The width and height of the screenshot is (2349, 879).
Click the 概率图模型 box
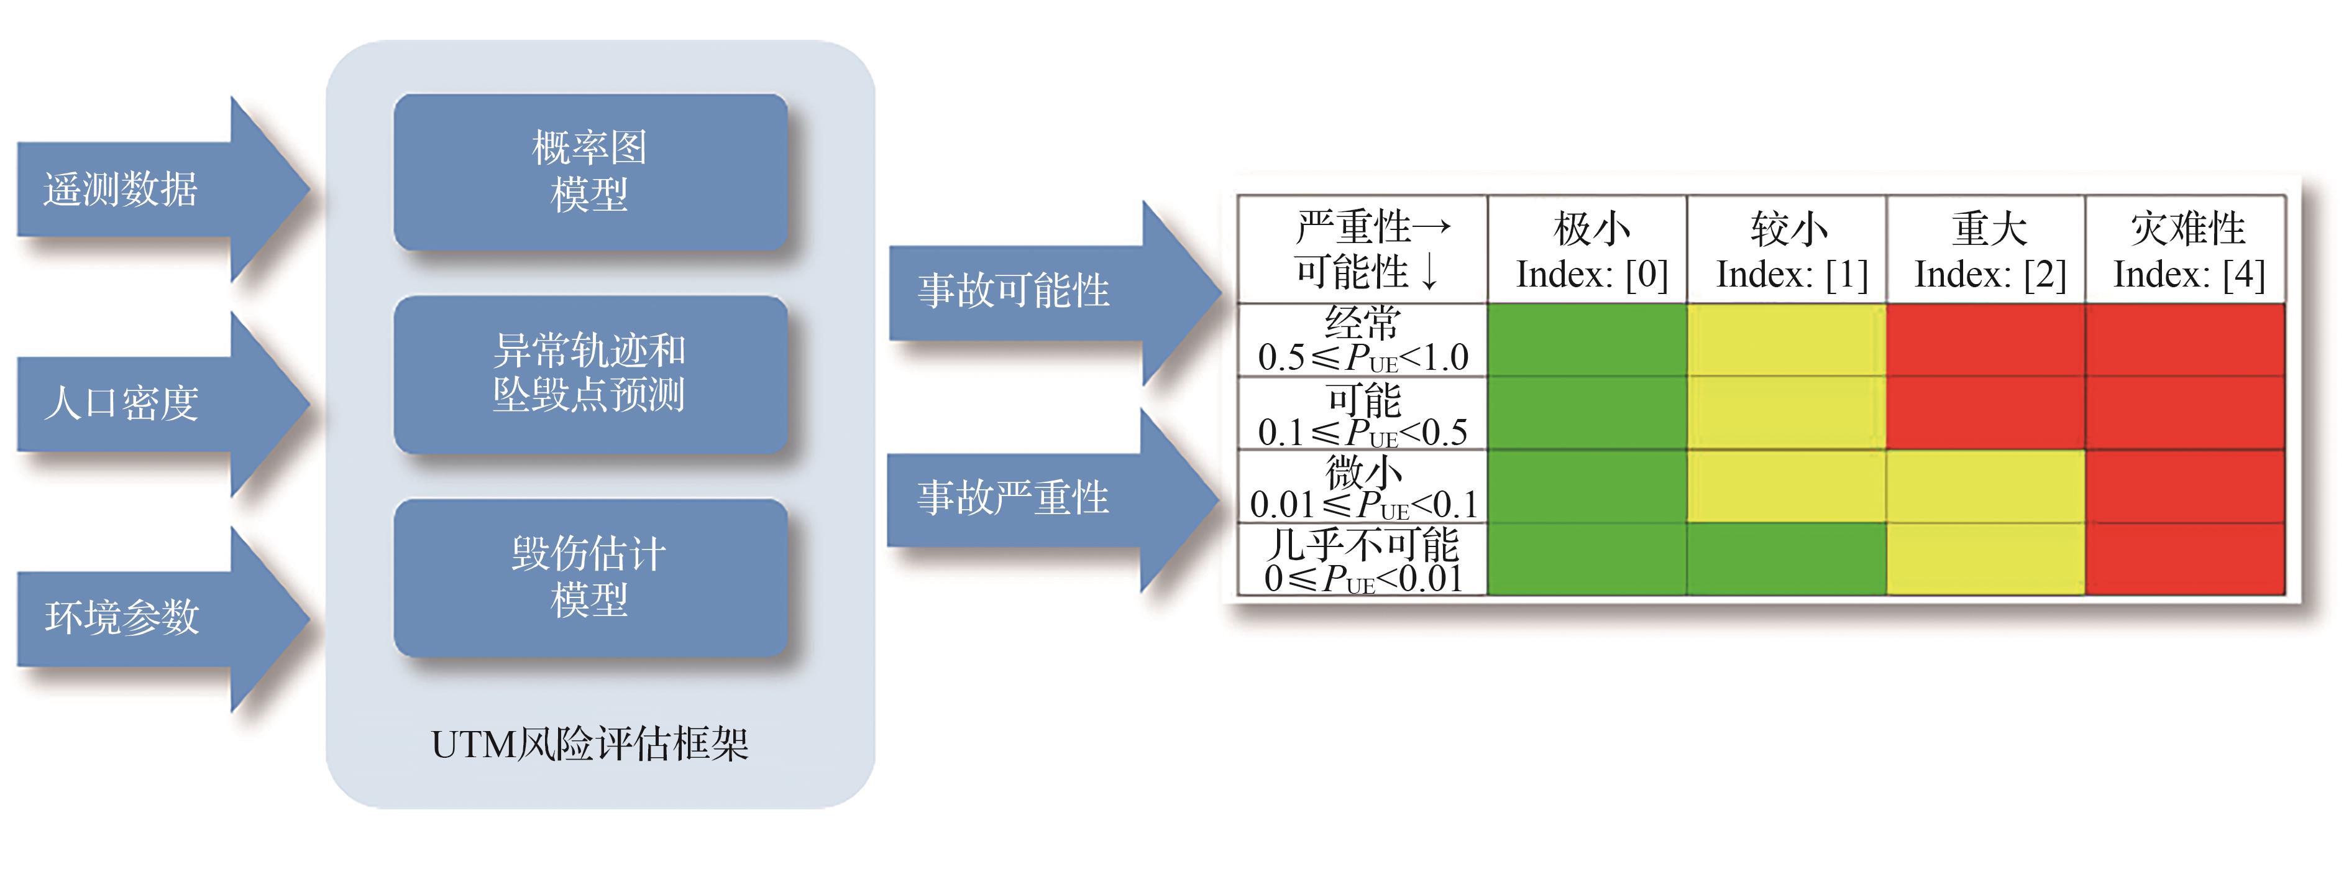pos(590,172)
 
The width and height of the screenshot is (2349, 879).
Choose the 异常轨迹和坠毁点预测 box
pos(590,374)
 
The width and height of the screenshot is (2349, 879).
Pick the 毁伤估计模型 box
pos(590,577)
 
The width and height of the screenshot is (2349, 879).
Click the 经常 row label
pos(1362,339)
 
